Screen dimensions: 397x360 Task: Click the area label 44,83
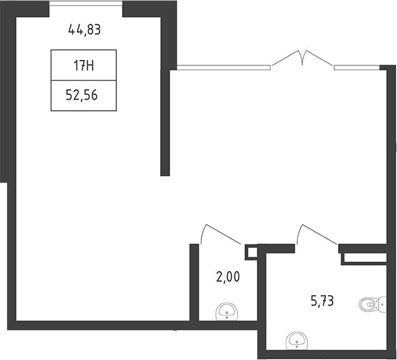[x=84, y=30]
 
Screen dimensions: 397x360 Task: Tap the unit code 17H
[x=84, y=66]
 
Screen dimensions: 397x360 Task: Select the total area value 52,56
[x=82, y=95]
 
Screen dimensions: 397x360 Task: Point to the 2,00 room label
[x=228, y=276]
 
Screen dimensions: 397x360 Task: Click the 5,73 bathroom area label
[x=322, y=301]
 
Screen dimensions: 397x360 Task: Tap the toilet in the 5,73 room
[x=373, y=304]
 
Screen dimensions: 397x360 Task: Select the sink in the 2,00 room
[x=227, y=312]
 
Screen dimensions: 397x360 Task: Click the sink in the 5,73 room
[x=297, y=341]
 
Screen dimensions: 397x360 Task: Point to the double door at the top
[x=303, y=60]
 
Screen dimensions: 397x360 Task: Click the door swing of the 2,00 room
[x=220, y=234]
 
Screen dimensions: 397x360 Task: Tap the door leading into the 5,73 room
[x=317, y=234]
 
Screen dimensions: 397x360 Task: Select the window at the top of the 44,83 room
[x=86, y=3]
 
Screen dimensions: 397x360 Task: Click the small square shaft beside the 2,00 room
[x=251, y=252]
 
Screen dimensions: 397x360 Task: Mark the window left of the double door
[x=224, y=67]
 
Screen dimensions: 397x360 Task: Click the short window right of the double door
[x=357, y=67]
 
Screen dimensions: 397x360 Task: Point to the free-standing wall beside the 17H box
[x=165, y=122]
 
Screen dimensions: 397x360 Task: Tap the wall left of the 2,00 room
[x=194, y=283]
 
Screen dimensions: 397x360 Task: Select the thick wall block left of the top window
[x=25, y=9]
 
